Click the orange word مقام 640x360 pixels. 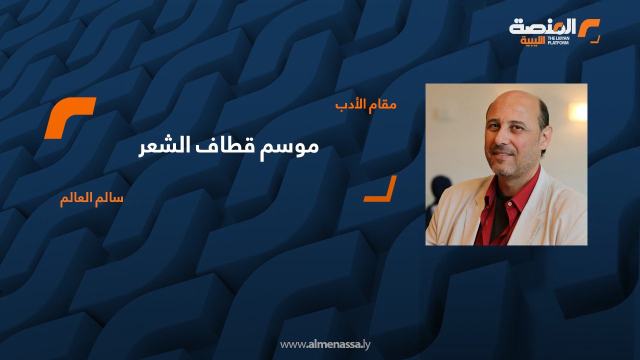click(383, 104)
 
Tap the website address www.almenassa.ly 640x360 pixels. click(325, 344)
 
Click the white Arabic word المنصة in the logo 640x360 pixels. click(542, 26)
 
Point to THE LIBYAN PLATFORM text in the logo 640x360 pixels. click(557, 40)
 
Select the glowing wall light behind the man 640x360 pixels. click(578, 112)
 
